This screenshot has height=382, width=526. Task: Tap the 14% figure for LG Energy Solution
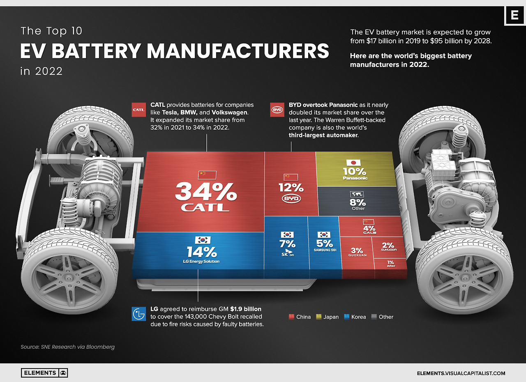pyautogui.click(x=201, y=251)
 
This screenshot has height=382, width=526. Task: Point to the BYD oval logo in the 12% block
pyautogui.click(x=291, y=199)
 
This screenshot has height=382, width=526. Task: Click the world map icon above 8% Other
pyautogui.click(x=357, y=194)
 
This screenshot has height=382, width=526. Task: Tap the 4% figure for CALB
pyautogui.click(x=369, y=228)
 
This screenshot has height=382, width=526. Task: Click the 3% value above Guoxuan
pyautogui.click(x=357, y=250)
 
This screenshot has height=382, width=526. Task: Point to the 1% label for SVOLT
pyautogui.click(x=390, y=262)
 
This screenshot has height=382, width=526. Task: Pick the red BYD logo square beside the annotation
pyautogui.click(x=276, y=110)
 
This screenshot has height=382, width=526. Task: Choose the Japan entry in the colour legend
pyautogui.click(x=327, y=317)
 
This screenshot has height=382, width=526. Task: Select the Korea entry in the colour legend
pyautogui.click(x=355, y=317)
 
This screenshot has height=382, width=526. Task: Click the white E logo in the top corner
pyautogui.click(x=514, y=16)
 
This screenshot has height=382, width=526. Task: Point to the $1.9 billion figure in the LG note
pyautogui.click(x=246, y=309)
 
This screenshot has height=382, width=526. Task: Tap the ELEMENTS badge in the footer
pyautogui.click(x=44, y=373)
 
